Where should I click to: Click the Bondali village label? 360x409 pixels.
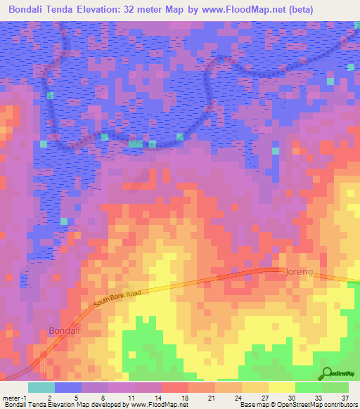click(65, 330)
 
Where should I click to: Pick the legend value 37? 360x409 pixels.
click(345, 397)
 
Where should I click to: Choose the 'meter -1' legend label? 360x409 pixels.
click(15, 397)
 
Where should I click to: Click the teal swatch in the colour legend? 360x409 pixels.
click(41, 387)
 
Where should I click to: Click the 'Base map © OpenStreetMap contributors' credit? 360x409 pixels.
click(298, 405)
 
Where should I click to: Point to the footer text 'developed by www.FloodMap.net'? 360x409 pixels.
click(134, 405)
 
